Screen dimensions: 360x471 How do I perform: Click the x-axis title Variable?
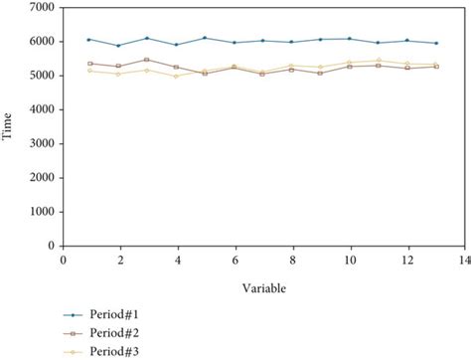pyautogui.click(x=264, y=287)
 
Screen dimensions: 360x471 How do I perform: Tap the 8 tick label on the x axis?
pyautogui.click(x=292, y=260)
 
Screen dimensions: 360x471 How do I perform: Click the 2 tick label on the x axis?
pyautogui.click(x=119, y=260)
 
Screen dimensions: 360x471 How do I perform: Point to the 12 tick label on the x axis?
pyautogui.click(x=406, y=260)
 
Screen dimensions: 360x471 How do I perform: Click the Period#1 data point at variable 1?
pyautogui.click(x=89, y=40)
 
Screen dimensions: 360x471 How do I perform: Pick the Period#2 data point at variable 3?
pyautogui.click(x=147, y=60)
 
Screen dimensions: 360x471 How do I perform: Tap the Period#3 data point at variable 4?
pyautogui.click(x=176, y=76)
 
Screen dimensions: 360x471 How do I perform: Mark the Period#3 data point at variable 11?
pyautogui.click(x=379, y=60)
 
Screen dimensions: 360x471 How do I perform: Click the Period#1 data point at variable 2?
pyautogui.click(x=118, y=46)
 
